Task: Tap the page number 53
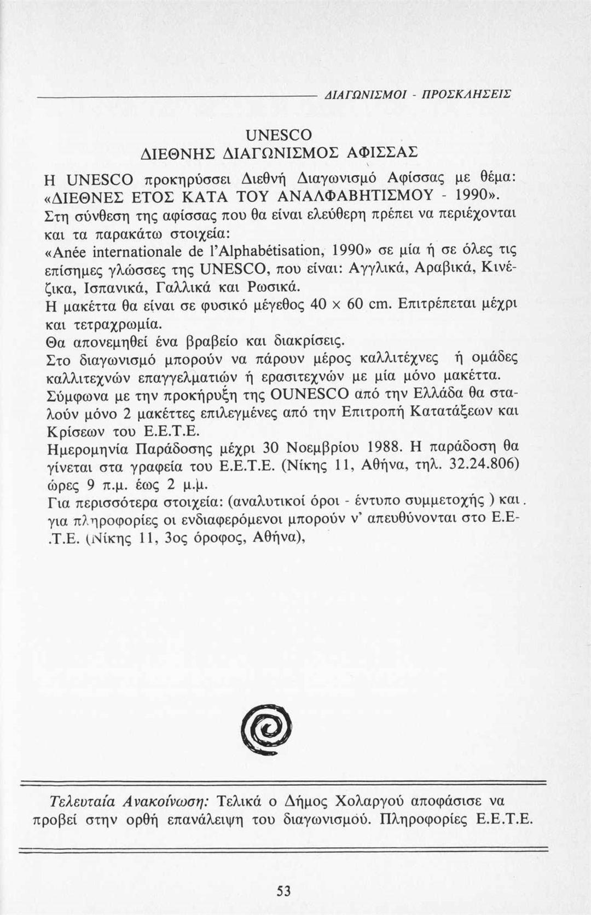283,891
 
